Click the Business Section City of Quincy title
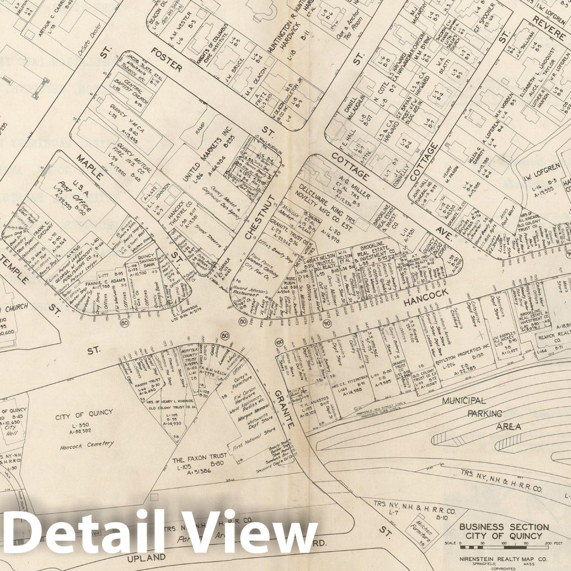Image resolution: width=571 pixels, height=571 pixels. (x=503, y=531)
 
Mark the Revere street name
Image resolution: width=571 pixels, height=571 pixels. (x=548, y=27)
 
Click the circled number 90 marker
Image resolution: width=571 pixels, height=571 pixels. (x=328, y=324)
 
